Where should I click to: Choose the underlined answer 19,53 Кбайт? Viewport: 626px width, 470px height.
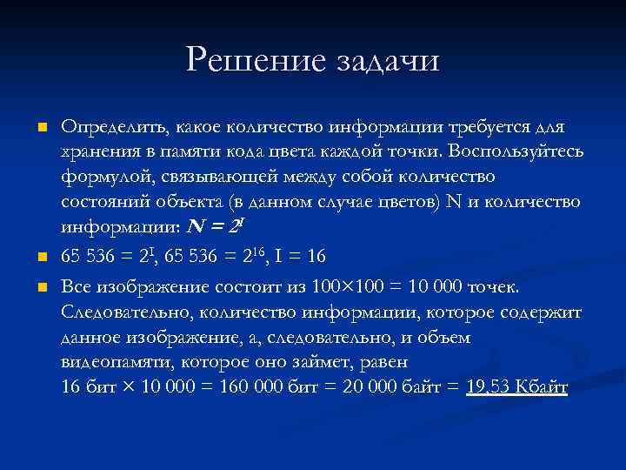tap(516, 387)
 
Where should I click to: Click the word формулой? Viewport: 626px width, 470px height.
tap(101, 178)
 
